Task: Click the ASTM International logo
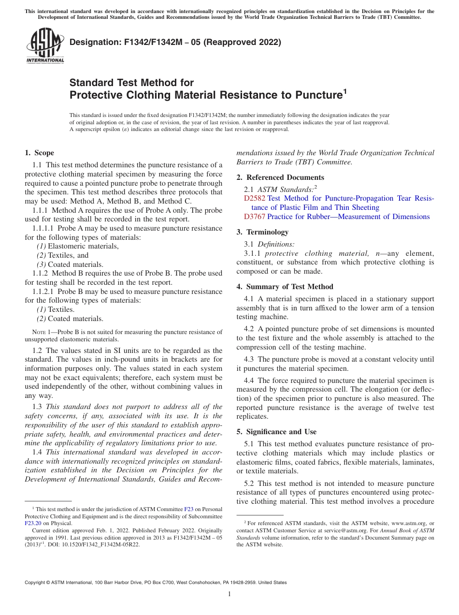click(x=45, y=46)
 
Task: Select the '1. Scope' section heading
click(x=39, y=153)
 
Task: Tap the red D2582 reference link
click(x=255, y=198)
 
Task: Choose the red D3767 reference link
click(x=255, y=217)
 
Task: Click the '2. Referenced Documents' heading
click(x=280, y=177)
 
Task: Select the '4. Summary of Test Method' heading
click(x=285, y=287)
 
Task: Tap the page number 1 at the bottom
click(x=229, y=594)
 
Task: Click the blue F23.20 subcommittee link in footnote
click(x=33, y=523)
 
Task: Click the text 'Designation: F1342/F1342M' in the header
click(x=124, y=43)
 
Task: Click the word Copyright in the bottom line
click(x=37, y=583)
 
